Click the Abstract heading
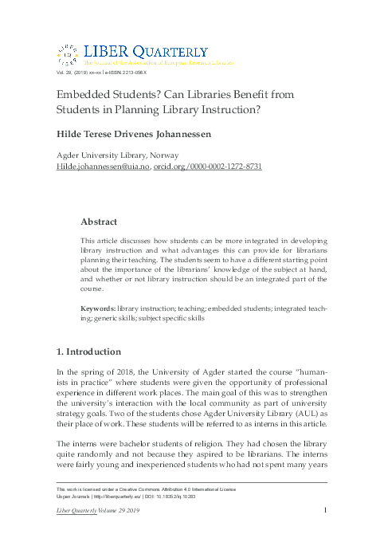tap(100, 221)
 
